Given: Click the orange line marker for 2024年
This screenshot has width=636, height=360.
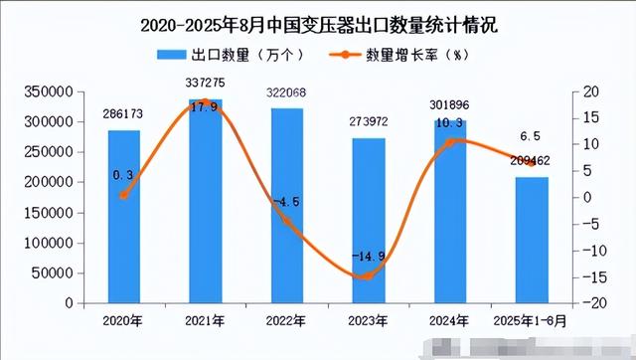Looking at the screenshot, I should pyautogui.click(x=448, y=143).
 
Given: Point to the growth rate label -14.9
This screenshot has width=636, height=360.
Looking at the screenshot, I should pyautogui.click(x=367, y=257).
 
